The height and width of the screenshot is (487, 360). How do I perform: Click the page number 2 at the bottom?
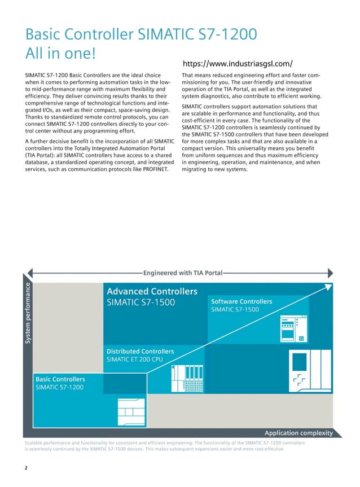(x=27, y=468)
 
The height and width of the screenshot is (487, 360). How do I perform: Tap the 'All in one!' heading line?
(x=62, y=54)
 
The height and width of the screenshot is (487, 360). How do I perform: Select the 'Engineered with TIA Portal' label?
(x=183, y=273)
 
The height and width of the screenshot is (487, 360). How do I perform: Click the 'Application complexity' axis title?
(x=298, y=433)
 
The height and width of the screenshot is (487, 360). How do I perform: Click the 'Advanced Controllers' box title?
(x=152, y=291)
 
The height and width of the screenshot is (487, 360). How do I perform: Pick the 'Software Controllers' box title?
(x=241, y=301)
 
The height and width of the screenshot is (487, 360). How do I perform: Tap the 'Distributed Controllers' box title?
(x=140, y=352)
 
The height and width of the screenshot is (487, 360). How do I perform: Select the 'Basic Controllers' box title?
(x=60, y=379)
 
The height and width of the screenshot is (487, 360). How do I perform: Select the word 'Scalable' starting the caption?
(x=36, y=444)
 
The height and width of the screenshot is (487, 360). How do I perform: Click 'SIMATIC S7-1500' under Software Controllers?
(x=235, y=310)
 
